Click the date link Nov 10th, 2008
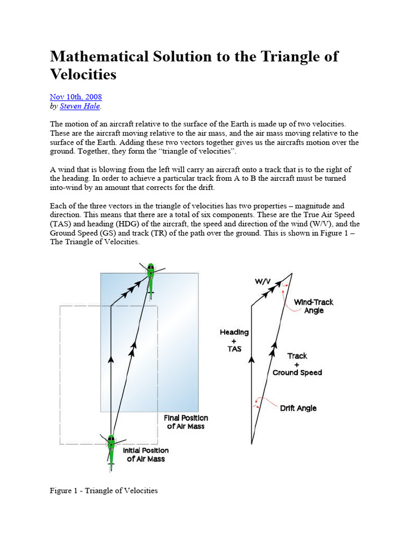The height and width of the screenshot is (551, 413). click(x=76, y=97)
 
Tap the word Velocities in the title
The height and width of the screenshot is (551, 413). click(x=83, y=74)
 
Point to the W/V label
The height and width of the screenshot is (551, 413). click(x=263, y=281)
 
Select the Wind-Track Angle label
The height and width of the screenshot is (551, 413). click(x=314, y=306)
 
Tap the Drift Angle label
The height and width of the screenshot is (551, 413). click(x=298, y=408)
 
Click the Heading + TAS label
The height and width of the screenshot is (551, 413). click(x=234, y=341)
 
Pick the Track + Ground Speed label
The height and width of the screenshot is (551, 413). click(x=297, y=364)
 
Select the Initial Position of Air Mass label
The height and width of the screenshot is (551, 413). click(x=146, y=455)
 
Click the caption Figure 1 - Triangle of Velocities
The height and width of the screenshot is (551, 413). click(x=104, y=490)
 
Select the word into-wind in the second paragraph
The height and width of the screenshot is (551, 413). click(x=68, y=187)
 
